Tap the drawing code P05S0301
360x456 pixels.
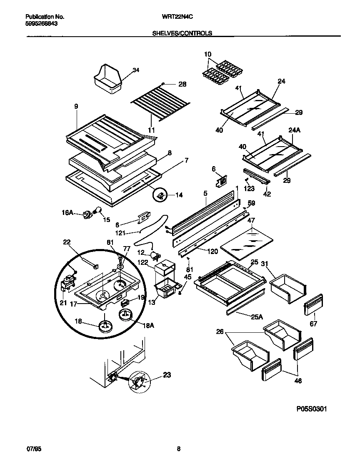[311, 409]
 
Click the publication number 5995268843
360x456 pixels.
[42, 24]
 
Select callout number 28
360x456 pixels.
[182, 84]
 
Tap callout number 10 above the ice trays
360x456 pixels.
[208, 54]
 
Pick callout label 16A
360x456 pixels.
[68, 212]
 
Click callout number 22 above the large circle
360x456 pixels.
[67, 242]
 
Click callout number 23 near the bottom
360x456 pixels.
[167, 375]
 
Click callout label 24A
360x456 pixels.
[294, 130]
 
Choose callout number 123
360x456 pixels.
[249, 188]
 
